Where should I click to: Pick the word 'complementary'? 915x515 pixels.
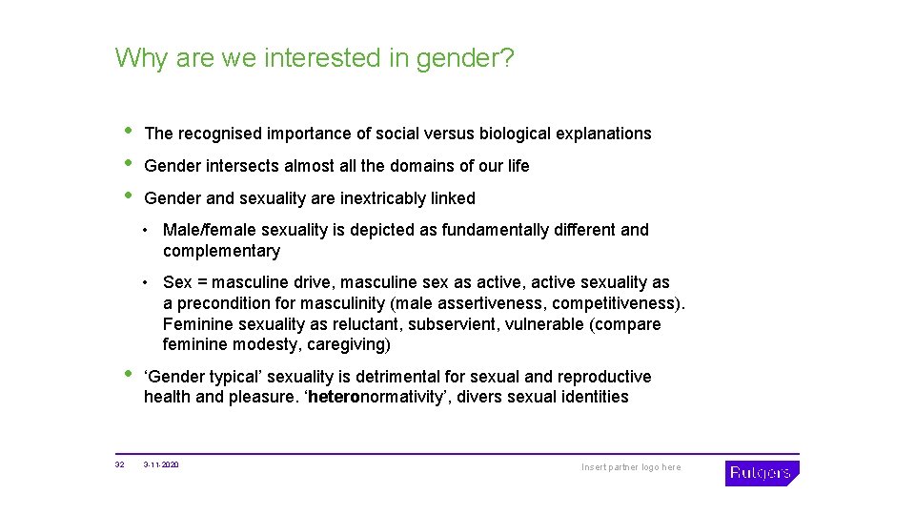(221, 251)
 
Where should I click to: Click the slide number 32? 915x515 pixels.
(119, 465)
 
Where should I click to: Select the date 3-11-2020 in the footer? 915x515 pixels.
(161, 465)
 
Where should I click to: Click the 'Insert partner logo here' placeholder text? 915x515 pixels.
(631, 467)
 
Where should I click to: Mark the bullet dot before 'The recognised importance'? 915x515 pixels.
(129, 131)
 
